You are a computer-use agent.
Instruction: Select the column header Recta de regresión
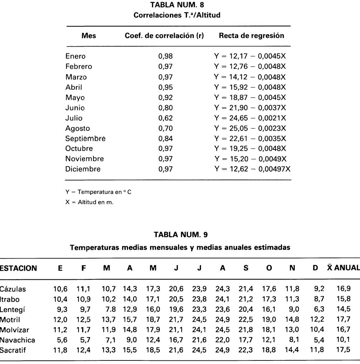pos(251,36)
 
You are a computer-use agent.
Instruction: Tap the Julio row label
pos(74,118)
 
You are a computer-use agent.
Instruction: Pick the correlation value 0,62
pos(165,118)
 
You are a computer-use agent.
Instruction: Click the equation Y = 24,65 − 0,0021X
pos(250,118)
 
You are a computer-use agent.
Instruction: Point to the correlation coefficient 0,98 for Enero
pos(165,56)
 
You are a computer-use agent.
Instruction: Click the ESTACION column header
pos(18,268)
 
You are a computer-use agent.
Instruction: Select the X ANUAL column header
pos(343,268)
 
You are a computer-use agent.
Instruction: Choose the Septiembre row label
pos(85,138)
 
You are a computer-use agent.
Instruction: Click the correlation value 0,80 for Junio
pos(165,108)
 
